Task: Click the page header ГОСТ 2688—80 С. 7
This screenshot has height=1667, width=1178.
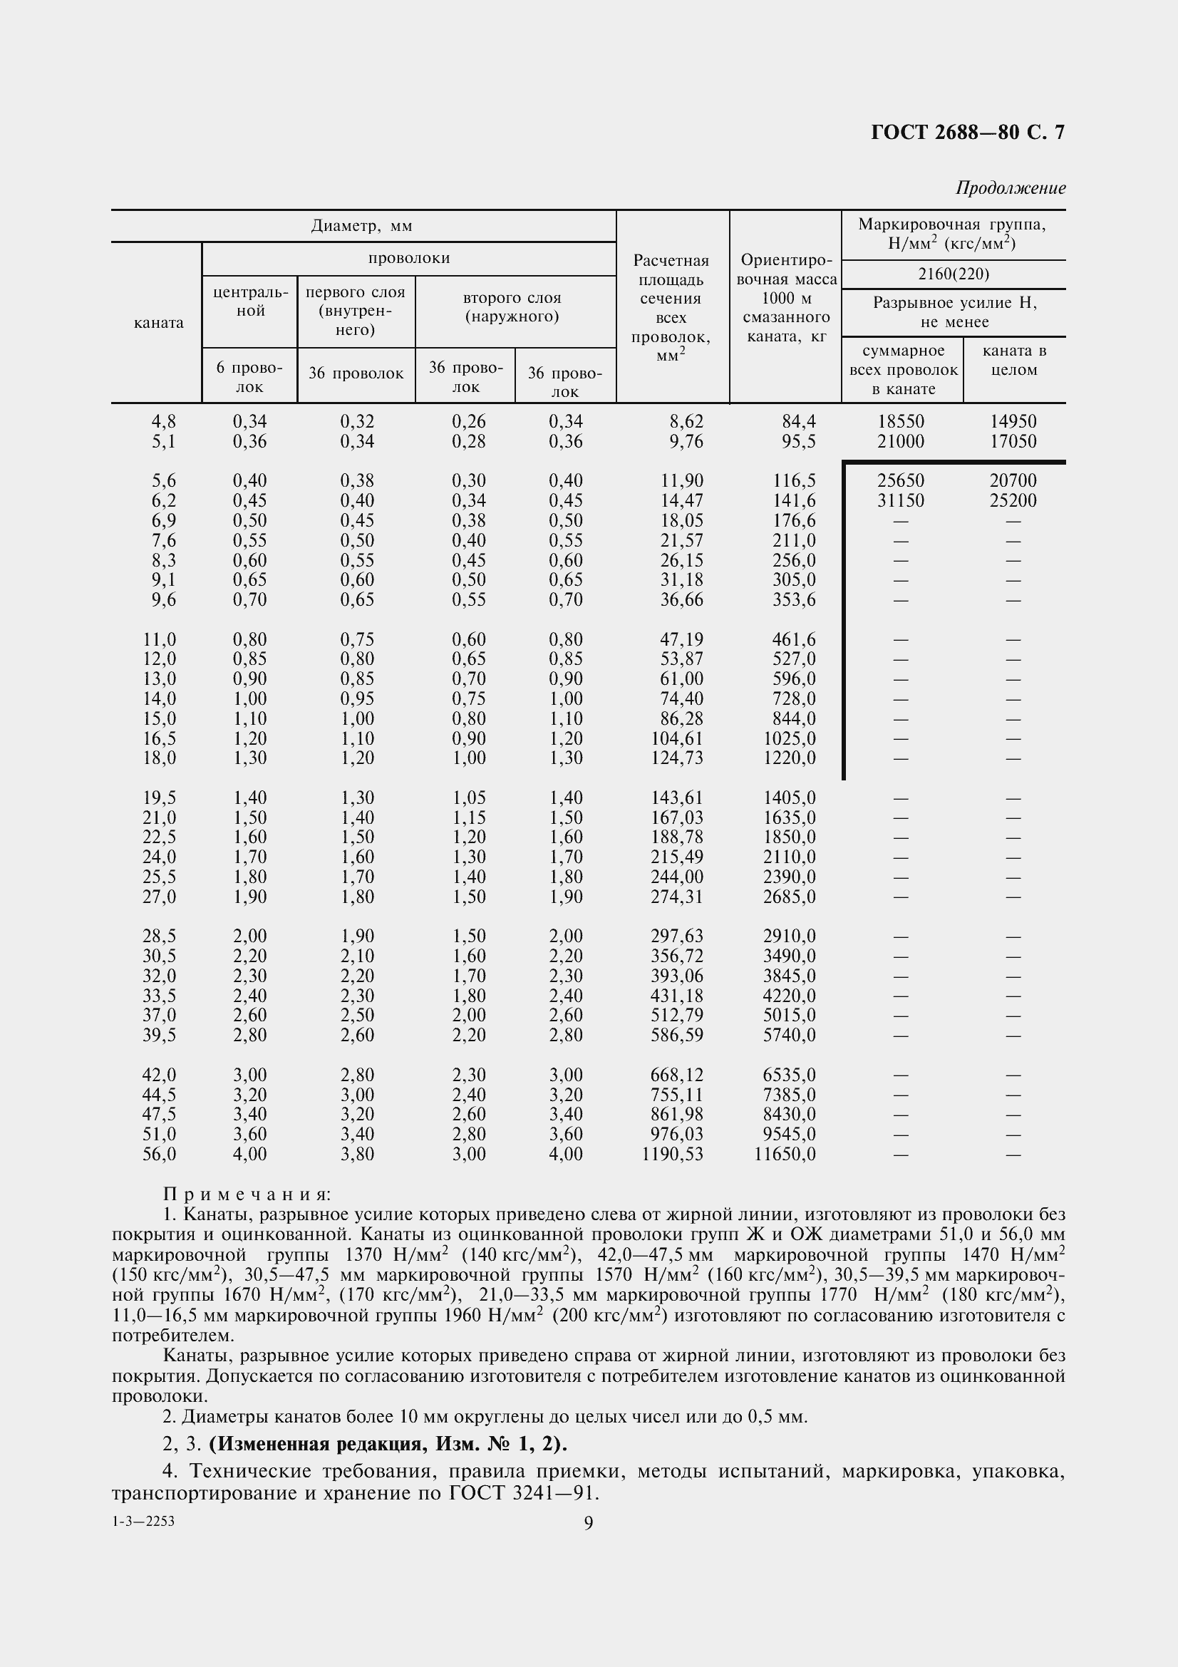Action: (967, 132)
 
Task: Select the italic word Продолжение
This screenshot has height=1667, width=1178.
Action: (1011, 188)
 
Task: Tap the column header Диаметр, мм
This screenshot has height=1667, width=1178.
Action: (361, 226)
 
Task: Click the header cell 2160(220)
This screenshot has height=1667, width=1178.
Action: (953, 274)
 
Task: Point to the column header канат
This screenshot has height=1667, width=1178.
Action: (158, 323)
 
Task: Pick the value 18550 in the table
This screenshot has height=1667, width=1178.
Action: (901, 421)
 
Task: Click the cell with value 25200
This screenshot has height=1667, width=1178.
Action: (1013, 500)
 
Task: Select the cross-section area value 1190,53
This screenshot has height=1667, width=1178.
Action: (672, 1154)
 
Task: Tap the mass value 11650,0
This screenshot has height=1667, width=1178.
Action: (785, 1154)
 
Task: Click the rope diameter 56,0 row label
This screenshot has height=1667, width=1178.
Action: (159, 1154)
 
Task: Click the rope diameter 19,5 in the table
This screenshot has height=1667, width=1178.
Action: (159, 798)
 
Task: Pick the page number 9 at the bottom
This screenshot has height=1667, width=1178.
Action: (588, 1522)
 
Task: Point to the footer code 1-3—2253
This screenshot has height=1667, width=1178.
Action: (143, 1521)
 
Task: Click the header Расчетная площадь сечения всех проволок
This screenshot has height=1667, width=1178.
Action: (671, 308)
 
